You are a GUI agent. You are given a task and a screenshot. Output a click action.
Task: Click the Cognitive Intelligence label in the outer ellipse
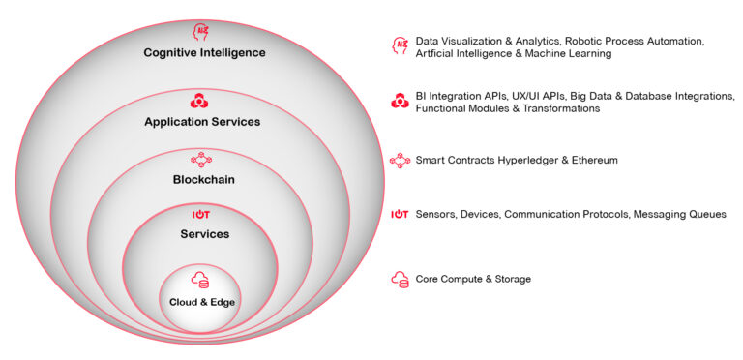[203, 53]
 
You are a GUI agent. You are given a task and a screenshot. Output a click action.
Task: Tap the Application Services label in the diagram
[202, 122]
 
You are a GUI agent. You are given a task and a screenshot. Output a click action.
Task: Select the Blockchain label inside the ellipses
[203, 179]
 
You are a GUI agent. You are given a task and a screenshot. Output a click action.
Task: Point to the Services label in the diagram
[203, 234]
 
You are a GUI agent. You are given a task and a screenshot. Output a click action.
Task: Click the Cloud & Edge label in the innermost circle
[202, 302]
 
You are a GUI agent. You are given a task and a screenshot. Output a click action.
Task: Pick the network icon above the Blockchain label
[202, 159]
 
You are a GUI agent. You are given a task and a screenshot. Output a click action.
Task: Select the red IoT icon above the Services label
[202, 214]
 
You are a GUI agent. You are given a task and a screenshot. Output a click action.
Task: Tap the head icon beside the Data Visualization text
[399, 46]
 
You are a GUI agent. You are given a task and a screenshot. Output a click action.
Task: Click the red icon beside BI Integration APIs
[399, 102]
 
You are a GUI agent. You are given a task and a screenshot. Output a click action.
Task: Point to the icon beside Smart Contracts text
[399, 160]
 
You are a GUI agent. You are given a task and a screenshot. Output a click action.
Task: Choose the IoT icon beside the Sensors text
[399, 214]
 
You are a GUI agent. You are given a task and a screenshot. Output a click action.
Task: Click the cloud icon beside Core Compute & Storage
[399, 279]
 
